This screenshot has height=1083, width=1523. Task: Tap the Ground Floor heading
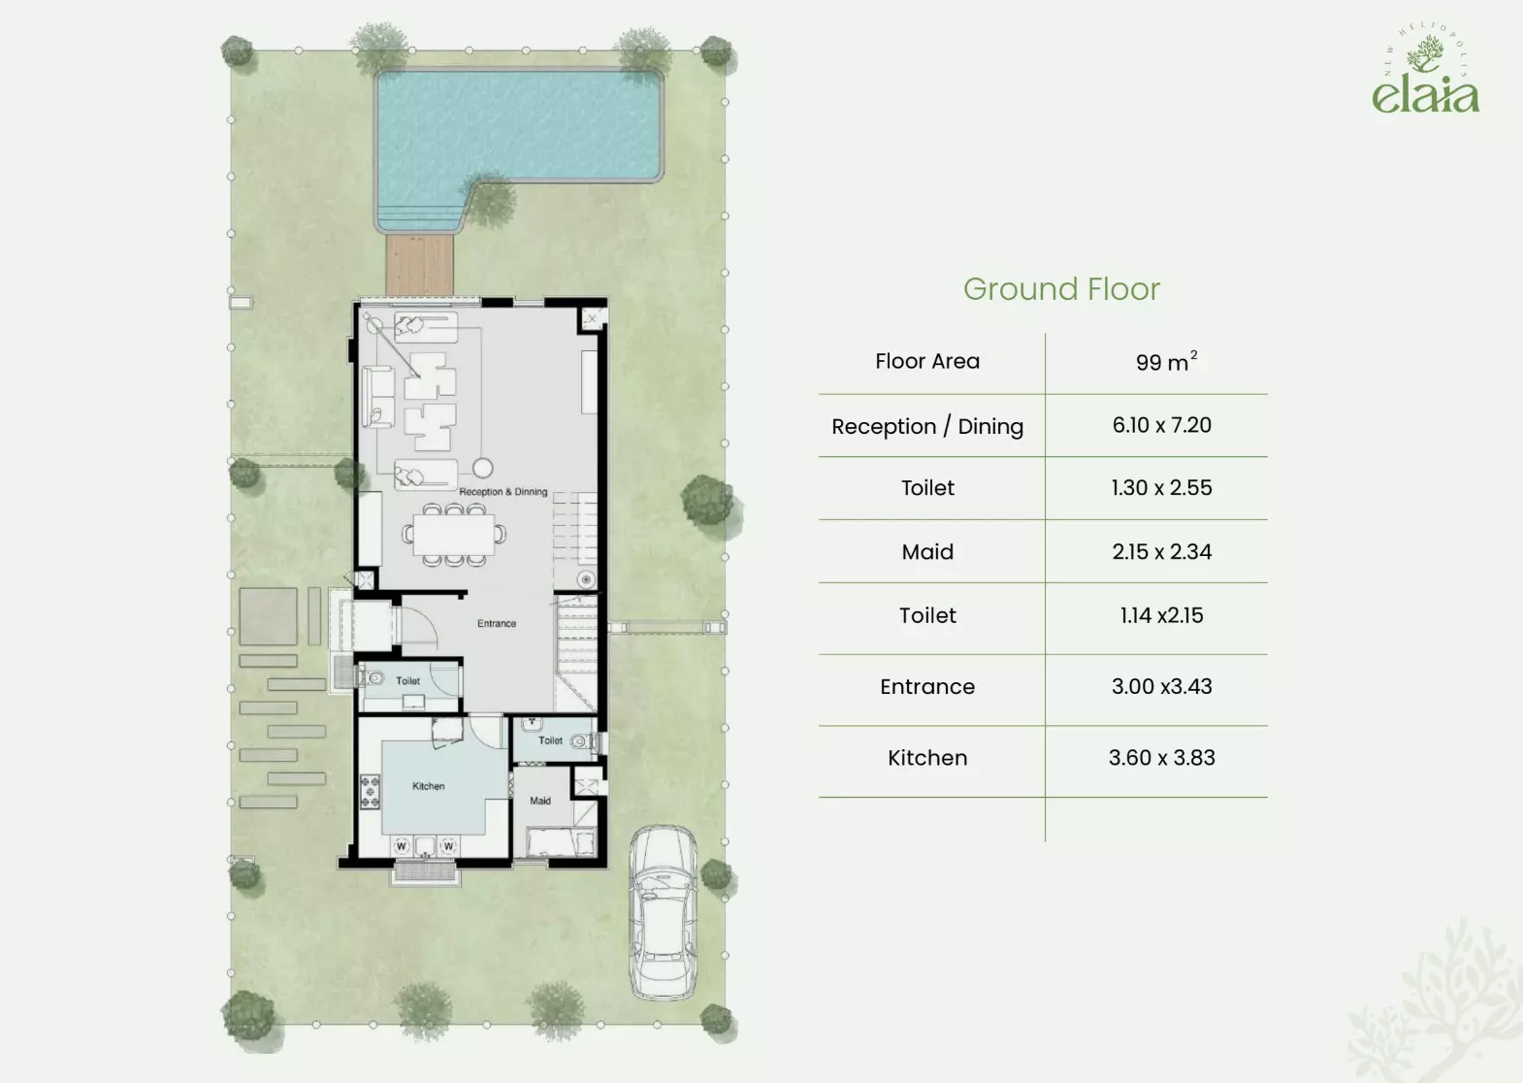tap(1061, 289)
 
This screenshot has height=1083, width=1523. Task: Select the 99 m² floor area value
tap(1166, 361)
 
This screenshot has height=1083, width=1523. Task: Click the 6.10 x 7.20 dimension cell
tap(1162, 425)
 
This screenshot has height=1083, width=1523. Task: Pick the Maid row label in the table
tap(927, 552)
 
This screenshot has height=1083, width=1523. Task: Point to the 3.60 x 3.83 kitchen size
tap(1162, 758)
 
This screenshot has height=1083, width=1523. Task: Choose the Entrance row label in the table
tap(927, 686)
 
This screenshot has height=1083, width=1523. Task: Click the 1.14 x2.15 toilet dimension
tap(1162, 615)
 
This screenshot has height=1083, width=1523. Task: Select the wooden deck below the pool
tap(419, 265)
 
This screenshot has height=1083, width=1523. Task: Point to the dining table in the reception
tap(454, 535)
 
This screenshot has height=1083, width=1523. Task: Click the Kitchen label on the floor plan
tap(429, 786)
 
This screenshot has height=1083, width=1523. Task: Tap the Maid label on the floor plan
tap(540, 801)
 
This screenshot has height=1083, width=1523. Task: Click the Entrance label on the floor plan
tap(497, 624)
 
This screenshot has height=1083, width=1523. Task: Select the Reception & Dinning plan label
tap(503, 492)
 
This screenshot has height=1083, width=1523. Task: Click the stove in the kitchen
tap(370, 792)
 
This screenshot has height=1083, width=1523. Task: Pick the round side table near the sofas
tap(483, 468)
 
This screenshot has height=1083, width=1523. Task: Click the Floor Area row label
tap(927, 361)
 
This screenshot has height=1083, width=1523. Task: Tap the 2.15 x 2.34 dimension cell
tap(1162, 552)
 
